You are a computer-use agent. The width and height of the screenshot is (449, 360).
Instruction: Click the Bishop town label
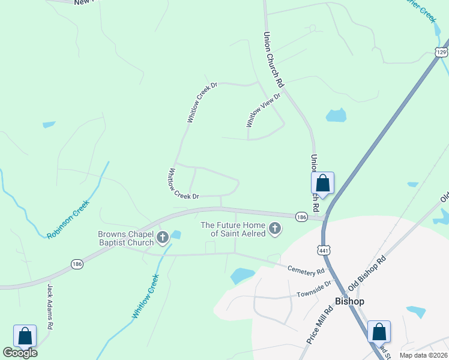[x=349, y=301]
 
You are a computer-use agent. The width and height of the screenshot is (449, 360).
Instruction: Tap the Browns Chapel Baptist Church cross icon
[x=162, y=239]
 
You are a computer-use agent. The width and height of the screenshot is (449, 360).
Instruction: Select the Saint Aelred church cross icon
[x=275, y=229]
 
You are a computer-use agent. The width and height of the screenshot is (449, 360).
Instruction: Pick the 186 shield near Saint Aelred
[x=302, y=216]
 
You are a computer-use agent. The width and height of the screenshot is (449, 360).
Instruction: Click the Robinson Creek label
[x=68, y=219]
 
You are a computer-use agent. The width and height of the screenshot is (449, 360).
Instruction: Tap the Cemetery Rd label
[x=306, y=271]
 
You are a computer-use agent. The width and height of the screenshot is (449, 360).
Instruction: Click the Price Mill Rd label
[x=319, y=326]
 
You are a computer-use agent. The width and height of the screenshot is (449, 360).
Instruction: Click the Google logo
[x=20, y=352]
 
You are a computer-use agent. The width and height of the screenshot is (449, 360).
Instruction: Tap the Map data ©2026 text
[x=423, y=355]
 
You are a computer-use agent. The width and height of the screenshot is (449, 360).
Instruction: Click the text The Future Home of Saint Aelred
[x=233, y=229]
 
